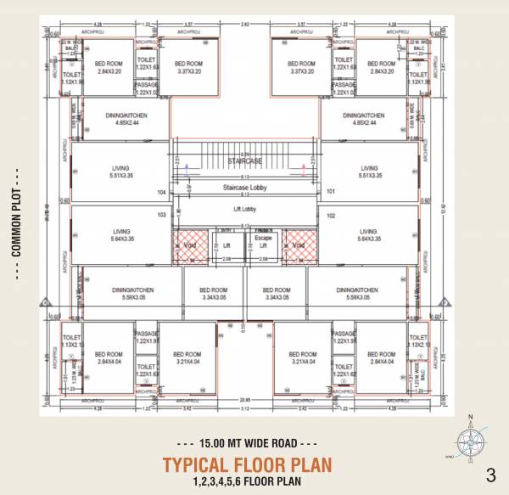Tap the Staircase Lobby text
(247, 186)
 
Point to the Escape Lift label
(263, 241)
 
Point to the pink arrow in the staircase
(304, 172)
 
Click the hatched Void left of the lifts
(191, 245)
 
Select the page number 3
(490, 474)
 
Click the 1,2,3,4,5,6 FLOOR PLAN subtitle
(246, 481)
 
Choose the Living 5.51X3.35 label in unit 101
(369, 172)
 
